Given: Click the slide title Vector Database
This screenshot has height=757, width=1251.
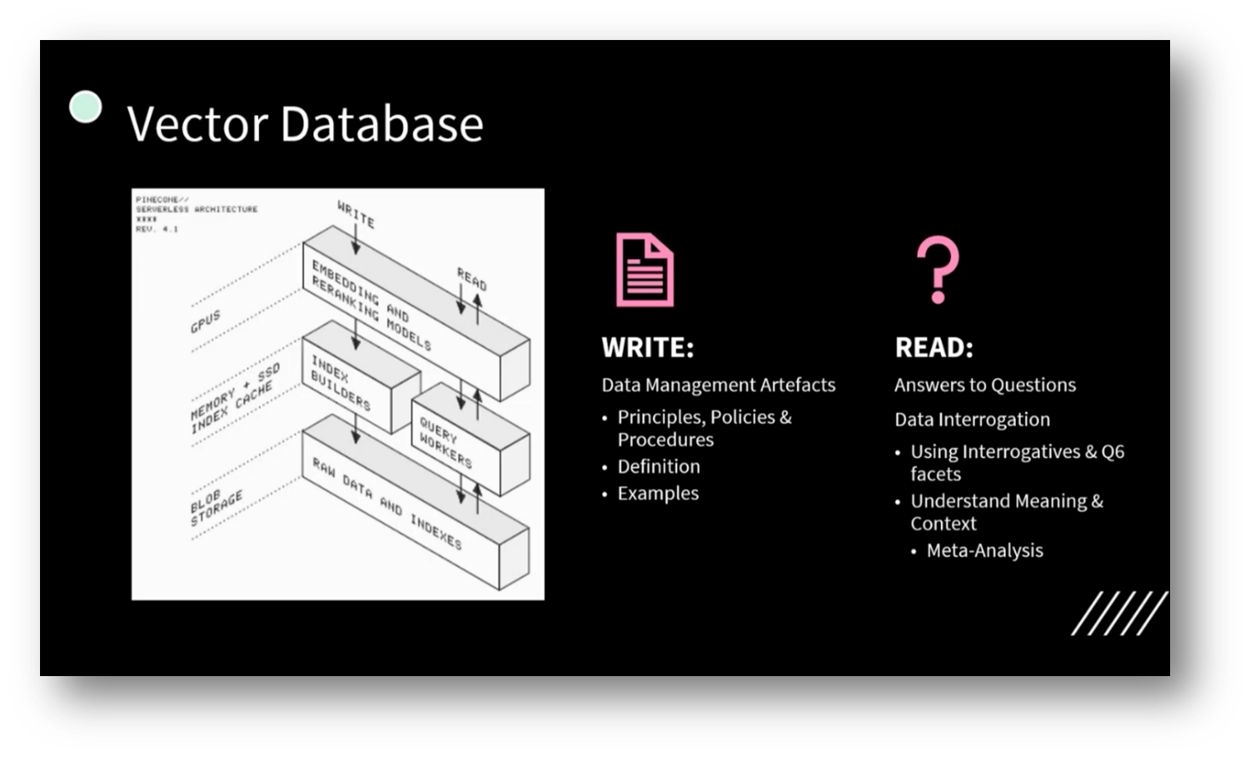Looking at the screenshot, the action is click(305, 123).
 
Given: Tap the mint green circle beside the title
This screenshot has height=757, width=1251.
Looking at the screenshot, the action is click(85, 107).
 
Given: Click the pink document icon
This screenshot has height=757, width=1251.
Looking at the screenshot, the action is click(645, 269).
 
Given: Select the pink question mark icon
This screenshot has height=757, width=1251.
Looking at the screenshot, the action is click(938, 269).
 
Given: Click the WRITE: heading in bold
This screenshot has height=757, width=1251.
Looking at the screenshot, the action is click(647, 347).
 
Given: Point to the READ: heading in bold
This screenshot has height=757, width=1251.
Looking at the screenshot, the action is click(933, 347).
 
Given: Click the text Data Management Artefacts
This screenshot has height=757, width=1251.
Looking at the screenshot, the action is click(718, 385).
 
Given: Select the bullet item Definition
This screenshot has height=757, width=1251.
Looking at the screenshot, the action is click(658, 467).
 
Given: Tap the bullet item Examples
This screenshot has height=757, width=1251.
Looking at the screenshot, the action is click(657, 493).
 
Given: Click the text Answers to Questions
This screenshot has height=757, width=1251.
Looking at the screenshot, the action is click(984, 385).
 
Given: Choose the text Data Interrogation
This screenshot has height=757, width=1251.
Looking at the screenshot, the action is click(972, 419).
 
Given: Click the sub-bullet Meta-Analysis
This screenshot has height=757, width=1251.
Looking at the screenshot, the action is click(984, 550).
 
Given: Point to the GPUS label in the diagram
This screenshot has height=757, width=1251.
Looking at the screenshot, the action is click(205, 321).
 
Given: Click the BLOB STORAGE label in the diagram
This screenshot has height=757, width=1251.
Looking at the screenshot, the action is click(216, 508).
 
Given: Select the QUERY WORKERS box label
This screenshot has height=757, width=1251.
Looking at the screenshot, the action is click(445, 442).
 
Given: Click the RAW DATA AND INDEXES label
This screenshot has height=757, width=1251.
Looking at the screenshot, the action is click(387, 504).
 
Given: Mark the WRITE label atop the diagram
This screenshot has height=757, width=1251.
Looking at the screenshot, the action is click(356, 214).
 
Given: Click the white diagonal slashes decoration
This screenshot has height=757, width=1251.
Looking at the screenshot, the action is click(1119, 613).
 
